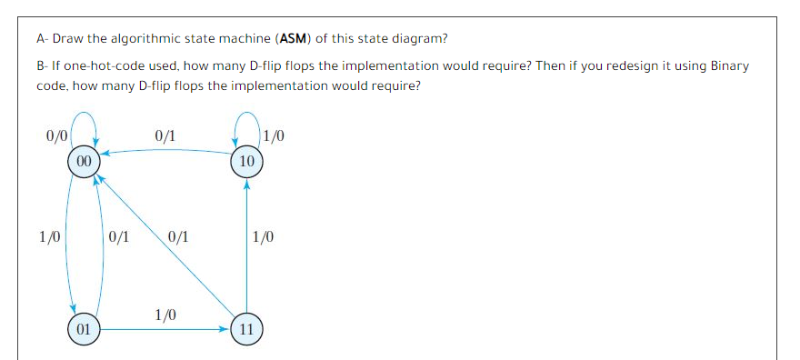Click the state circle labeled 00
click(x=83, y=161)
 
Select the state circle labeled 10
click(x=246, y=161)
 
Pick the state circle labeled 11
click(x=246, y=329)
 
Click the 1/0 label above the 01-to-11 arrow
click(x=165, y=315)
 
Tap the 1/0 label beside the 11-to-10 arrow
click(x=263, y=238)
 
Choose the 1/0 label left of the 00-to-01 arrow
click(x=50, y=238)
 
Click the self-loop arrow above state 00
click(x=83, y=123)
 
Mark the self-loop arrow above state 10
click(x=246, y=123)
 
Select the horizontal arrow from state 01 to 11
click(x=164, y=329)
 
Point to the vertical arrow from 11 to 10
click(x=246, y=245)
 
